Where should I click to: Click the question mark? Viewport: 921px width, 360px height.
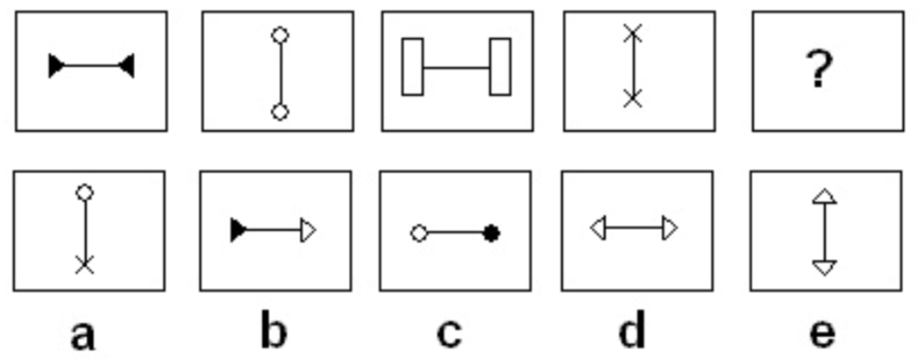819,69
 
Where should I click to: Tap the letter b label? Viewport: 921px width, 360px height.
273,332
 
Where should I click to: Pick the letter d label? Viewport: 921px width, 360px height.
632,332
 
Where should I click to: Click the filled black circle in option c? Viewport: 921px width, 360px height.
491,233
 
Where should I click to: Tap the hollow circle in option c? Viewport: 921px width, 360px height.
419,233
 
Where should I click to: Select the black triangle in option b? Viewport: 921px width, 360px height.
238,229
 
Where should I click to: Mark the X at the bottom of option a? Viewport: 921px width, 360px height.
84,265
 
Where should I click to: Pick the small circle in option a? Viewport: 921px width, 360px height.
84,193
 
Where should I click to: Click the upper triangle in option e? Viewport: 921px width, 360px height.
824,196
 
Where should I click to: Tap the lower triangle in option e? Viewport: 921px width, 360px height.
824,268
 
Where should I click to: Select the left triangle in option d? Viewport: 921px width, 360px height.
598,228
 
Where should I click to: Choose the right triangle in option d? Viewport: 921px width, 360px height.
670,228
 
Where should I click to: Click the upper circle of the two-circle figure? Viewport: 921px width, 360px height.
279,35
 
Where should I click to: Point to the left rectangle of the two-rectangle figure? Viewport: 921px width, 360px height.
413,67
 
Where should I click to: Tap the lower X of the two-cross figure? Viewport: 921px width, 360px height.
632,99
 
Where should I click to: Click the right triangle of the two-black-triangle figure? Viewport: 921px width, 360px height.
127,66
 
